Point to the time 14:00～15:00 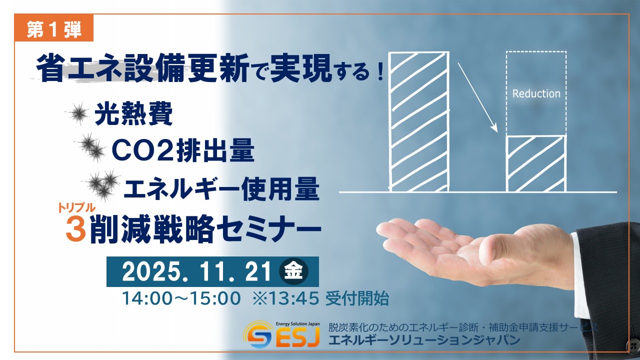181,298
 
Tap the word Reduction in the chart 536,93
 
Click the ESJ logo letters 297,339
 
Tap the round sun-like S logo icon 258,336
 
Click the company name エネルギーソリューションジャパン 424,340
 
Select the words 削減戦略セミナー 205,230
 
